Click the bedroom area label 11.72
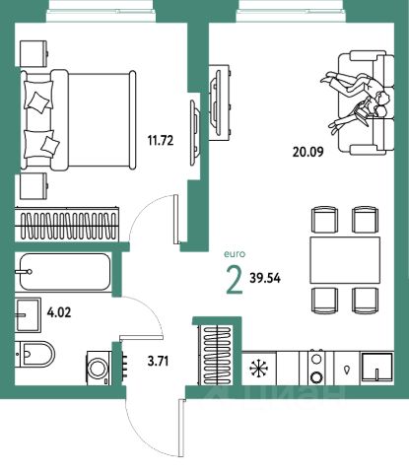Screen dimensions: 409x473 161,141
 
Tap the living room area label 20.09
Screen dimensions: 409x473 307,152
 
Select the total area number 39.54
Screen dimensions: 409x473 265,278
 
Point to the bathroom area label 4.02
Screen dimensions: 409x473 59,312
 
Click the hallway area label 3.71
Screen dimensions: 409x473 158,362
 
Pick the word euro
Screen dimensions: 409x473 235,254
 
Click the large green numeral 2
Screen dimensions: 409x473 235,280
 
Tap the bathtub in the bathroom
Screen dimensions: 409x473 65,272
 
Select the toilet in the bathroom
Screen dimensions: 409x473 35,355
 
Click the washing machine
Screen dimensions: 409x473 99,368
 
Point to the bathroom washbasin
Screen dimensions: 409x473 28,314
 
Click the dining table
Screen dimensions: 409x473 345,260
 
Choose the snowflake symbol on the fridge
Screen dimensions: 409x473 258,369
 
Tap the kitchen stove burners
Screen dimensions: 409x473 316,368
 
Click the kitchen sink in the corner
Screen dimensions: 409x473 377,369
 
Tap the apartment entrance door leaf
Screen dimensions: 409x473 180,428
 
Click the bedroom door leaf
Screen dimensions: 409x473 175,219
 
